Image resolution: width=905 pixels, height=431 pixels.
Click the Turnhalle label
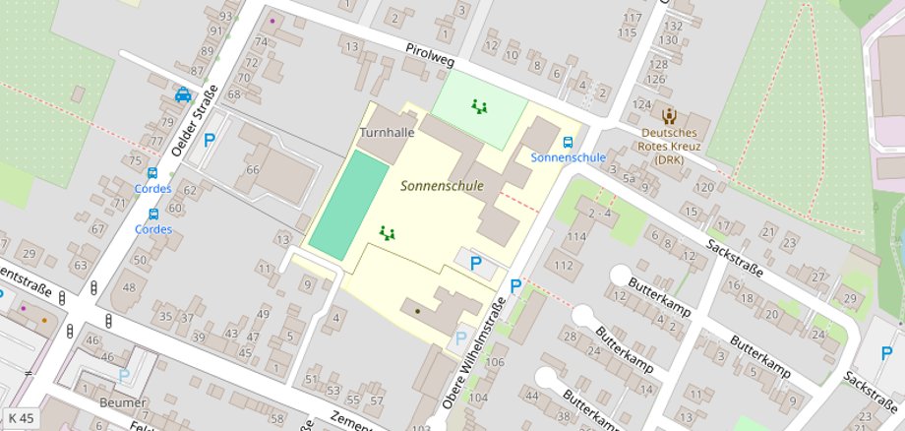pos(387,132)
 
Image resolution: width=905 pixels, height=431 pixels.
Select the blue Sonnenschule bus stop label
pos(568,157)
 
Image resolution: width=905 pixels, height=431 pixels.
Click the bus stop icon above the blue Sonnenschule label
pos(568,141)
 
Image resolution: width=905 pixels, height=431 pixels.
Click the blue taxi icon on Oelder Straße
pos(183,95)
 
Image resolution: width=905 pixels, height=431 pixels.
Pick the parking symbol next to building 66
pos(209,141)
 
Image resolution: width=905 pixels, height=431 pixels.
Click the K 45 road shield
pos(20,418)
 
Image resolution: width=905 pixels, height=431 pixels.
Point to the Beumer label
pos(122,402)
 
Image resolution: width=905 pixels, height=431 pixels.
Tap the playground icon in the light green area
pos(480,105)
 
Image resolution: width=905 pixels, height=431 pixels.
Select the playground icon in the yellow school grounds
pos(388,233)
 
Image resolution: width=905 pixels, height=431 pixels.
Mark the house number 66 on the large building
pos(253,169)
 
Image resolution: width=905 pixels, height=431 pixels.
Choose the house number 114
pos(575,236)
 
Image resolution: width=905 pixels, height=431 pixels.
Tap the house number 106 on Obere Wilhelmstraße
pos(494,362)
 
